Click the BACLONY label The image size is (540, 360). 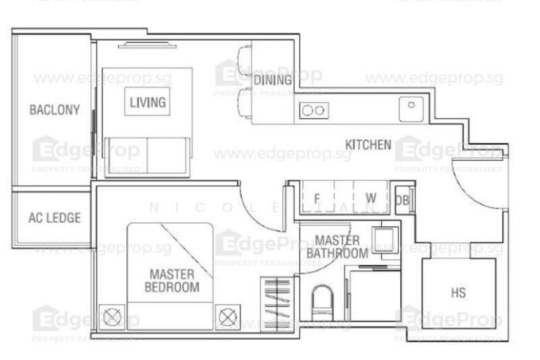[x=54, y=109]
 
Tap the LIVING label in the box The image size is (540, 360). [x=148, y=103]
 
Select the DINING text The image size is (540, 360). [x=273, y=80]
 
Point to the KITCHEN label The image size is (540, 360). [x=368, y=145]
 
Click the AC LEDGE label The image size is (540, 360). [x=54, y=218]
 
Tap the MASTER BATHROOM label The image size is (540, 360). [x=337, y=247]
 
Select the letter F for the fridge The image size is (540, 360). [x=317, y=198]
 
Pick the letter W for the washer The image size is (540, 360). [x=370, y=198]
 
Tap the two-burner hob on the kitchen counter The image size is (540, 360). [x=313, y=111]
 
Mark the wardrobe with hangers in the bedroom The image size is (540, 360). [x=275, y=303]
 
